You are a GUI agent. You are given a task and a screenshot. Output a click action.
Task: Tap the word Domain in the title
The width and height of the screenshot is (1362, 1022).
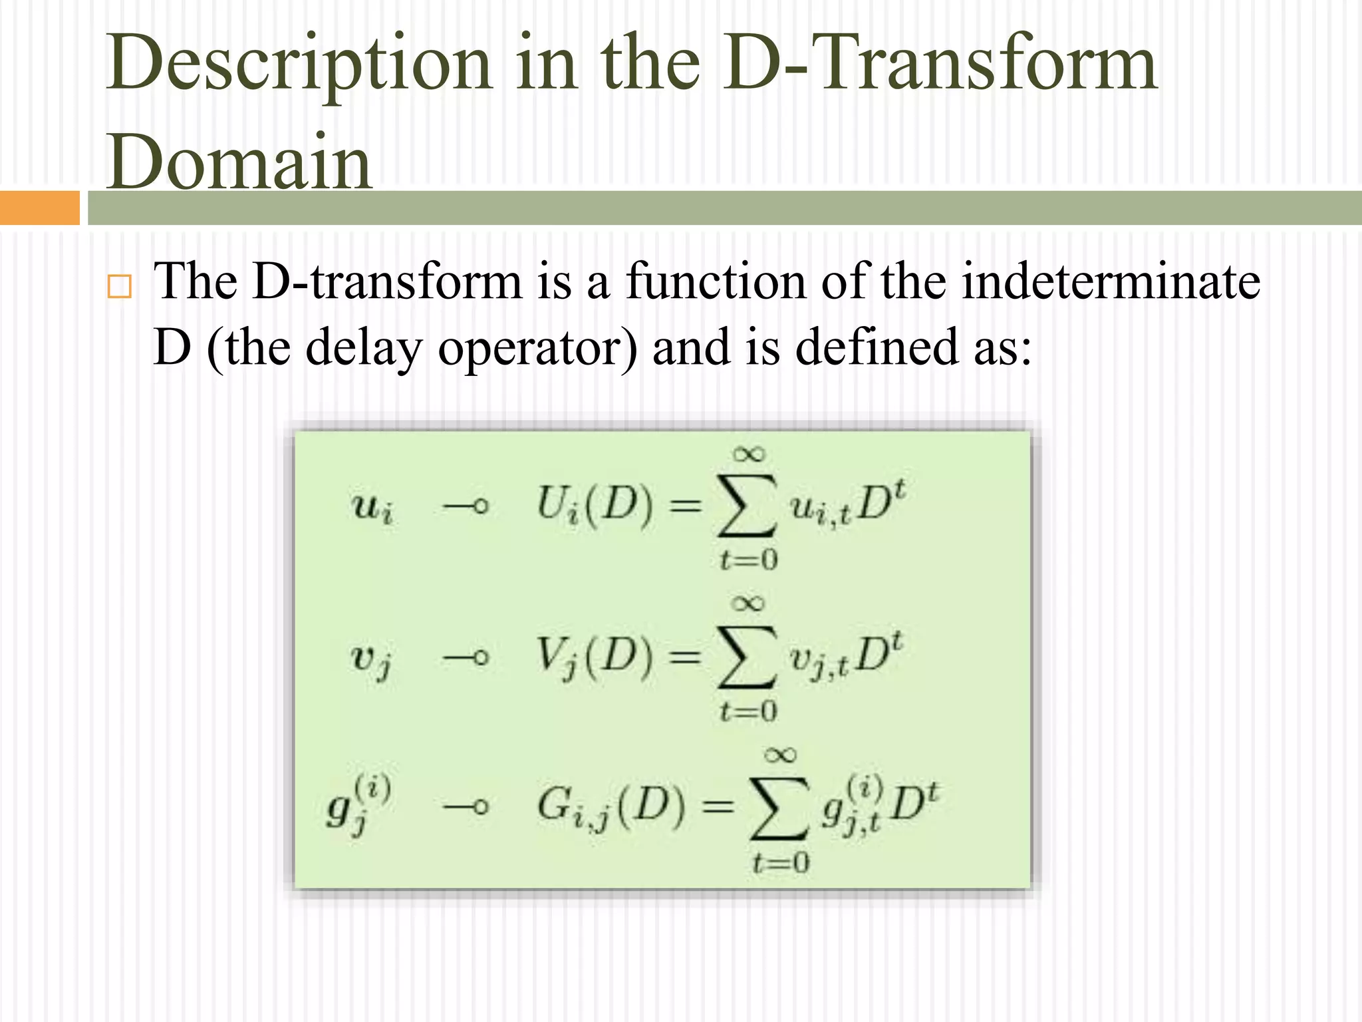tap(239, 163)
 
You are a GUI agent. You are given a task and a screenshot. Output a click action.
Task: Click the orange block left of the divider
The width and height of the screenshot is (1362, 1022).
tap(39, 208)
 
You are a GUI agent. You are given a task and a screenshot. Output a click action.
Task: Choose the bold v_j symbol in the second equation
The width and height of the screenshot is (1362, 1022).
tap(371, 661)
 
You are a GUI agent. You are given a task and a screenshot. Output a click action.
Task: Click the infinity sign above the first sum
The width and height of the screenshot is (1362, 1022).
tap(749, 454)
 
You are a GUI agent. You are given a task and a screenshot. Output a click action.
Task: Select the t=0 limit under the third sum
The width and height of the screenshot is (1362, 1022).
tap(781, 863)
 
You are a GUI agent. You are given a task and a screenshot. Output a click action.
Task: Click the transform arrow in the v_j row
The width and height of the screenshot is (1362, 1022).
tap(466, 658)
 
